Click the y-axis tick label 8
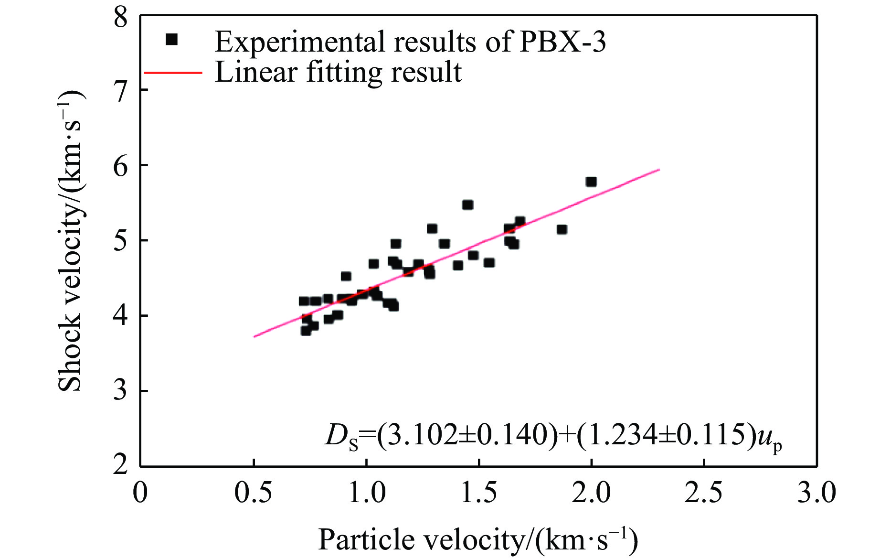click(121, 18)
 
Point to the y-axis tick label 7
click(121, 91)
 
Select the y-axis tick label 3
click(121, 391)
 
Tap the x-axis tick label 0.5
click(253, 492)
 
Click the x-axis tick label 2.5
click(703, 492)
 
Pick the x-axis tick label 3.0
click(816, 492)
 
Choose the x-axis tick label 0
click(140, 492)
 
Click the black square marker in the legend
click(171, 40)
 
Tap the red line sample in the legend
click(173, 73)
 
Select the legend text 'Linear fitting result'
click(338, 73)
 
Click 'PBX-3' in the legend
click(562, 42)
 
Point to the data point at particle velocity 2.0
click(591, 182)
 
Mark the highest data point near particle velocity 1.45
click(467, 205)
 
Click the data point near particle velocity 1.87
click(562, 229)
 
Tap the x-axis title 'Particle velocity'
click(420, 540)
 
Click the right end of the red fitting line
click(659, 169)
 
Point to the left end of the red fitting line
click(254, 336)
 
